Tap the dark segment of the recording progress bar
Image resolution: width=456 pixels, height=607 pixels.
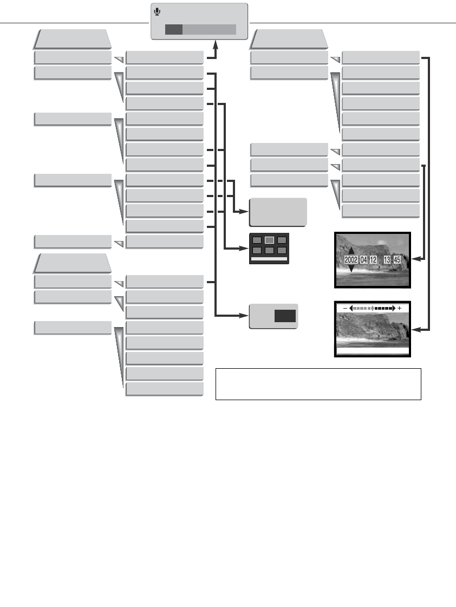[173, 29]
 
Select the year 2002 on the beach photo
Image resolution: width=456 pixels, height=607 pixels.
[351, 260]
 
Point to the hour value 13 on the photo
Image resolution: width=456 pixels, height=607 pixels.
[387, 260]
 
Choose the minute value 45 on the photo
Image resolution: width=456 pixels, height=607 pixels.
[397, 260]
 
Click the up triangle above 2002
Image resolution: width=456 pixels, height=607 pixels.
[350, 251]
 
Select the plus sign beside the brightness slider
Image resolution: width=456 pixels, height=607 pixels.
[400, 308]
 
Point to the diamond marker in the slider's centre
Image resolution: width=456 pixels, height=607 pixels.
[372, 308]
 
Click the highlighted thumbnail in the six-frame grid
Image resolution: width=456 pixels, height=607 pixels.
[269, 240]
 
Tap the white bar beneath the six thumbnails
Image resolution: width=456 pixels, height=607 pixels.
[269, 259]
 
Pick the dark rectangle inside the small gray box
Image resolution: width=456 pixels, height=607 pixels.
[285, 317]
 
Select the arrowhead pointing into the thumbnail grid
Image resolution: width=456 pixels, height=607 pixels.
[245, 249]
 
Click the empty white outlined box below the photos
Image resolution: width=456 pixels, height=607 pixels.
[318, 384]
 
